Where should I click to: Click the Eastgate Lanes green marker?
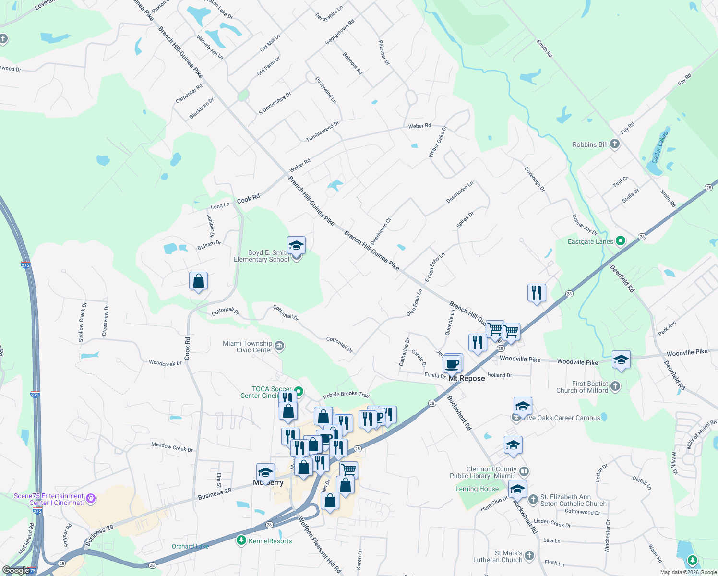click(620, 241)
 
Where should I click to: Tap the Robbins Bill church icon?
click(615, 144)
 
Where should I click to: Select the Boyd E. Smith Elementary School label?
click(262, 256)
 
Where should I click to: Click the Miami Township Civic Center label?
click(248, 347)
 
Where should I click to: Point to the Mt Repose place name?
click(467, 378)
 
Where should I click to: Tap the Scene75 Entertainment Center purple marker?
click(91, 499)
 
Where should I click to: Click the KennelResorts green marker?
click(241, 540)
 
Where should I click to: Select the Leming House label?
click(477, 489)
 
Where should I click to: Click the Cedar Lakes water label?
click(659, 147)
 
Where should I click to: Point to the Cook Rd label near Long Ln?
click(248, 198)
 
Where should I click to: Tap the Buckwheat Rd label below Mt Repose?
click(459, 413)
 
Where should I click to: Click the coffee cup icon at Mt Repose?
click(452, 364)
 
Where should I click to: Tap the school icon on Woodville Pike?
click(621, 360)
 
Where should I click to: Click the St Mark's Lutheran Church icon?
click(529, 555)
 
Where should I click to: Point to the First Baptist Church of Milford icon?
click(615, 386)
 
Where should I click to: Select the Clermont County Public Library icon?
click(524, 471)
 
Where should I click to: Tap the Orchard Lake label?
click(190, 546)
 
